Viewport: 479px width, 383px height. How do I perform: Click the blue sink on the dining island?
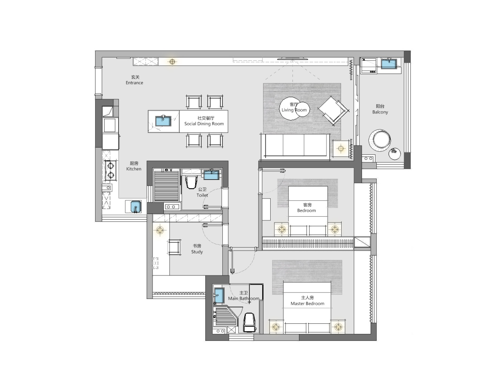tap(163, 121)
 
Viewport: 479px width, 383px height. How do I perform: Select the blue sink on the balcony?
tap(389, 64)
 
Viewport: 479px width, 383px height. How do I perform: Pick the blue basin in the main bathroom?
tap(219, 295)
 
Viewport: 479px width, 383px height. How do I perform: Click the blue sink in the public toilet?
tap(211, 174)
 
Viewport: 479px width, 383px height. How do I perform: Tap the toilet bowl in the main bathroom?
tap(249, 323)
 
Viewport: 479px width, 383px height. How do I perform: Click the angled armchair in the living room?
tap(333, 111)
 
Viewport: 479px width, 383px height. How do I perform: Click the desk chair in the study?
tap(174, 247)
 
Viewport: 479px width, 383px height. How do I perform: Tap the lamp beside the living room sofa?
tap(340, 148)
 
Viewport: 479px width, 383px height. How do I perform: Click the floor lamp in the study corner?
tap(160, 230)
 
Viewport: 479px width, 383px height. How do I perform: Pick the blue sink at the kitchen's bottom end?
tap(136, 207)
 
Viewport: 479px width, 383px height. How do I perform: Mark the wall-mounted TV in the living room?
tap(293, 58)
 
